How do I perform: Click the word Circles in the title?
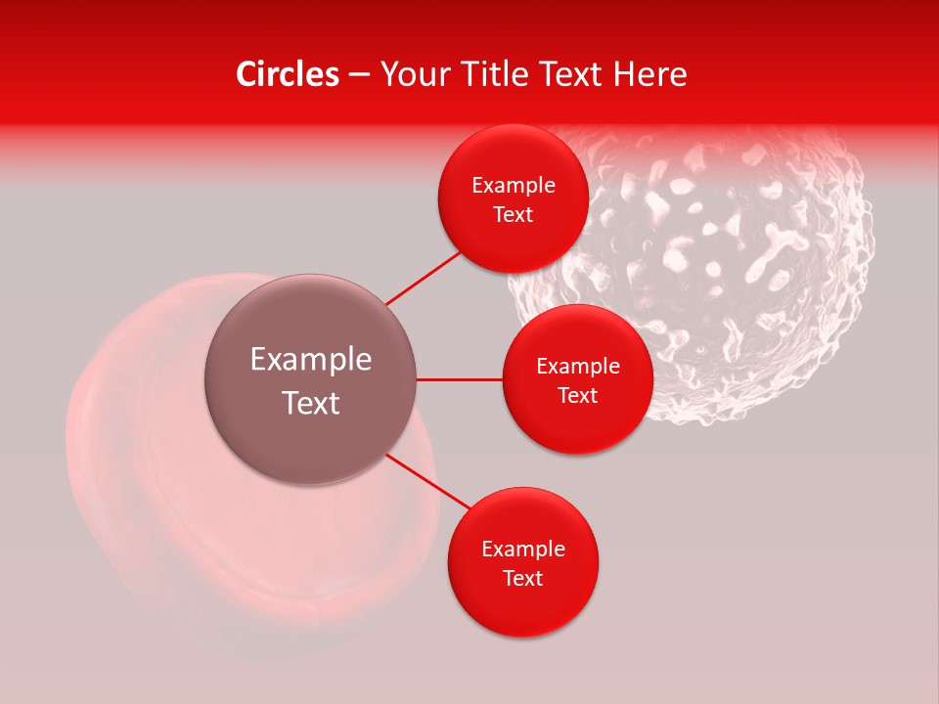[x=287, y=74]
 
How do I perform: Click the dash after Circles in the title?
[x=359, y=75]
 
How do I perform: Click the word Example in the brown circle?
[x=311, y=360]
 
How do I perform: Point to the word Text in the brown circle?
[x=311, y=403]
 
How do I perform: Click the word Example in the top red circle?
[x=514, y=186]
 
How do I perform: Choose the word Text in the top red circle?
[x=514, y=215]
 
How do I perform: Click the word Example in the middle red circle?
[x=578, y=367]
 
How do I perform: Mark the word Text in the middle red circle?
[x=578, y=396]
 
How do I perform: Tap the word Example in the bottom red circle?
[x=523, y=550]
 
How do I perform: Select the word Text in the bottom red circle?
[x=523, y=579]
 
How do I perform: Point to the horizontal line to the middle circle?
[x=459, y=379]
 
